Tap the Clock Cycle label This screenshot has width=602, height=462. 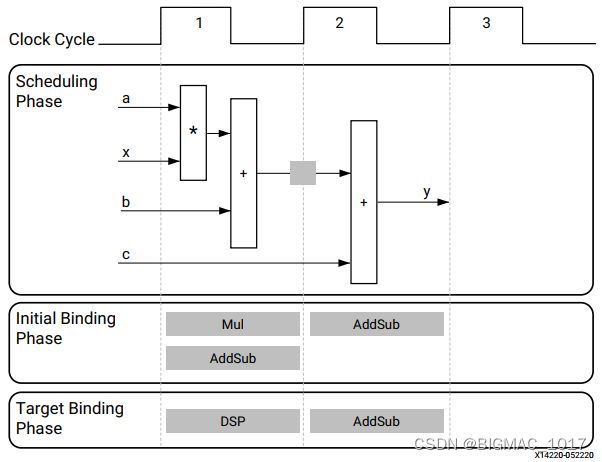pyautogui.click(x=52, y=40)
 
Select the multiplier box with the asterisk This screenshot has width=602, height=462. pyautogui.click(x=193, y=132)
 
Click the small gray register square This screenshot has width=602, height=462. pyautogui.click(x=303, y=173)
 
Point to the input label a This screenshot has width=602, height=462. pyautogui.click(x=126, y=99)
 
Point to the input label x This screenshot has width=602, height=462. pyautogui.click(x=126, y=152)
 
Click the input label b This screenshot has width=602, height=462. pyautogui.click(x=126, y=202)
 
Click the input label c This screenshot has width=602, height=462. pyautogui.click(x=126, y=254)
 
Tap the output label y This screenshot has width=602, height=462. pyautogui.click(x=427, y=192)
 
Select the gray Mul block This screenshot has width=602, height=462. pyautogui.click(x=233, y=324)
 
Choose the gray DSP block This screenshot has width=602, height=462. pyautogui.click(x=233, y=421)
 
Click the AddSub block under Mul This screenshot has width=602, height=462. pyautogui.click(x=233, y=358)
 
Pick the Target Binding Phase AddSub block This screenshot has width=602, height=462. pyautogui.click(x=376, y=421)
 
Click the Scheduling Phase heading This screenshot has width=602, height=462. pyautogui.click(x=57, y=91)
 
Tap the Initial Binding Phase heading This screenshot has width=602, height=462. pyautogui.click(x=66, y=328)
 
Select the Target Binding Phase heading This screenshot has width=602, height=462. pyautogui.click(x=70, y=418)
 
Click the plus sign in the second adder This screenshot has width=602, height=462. pyautogui.click(x=364, y=202)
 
